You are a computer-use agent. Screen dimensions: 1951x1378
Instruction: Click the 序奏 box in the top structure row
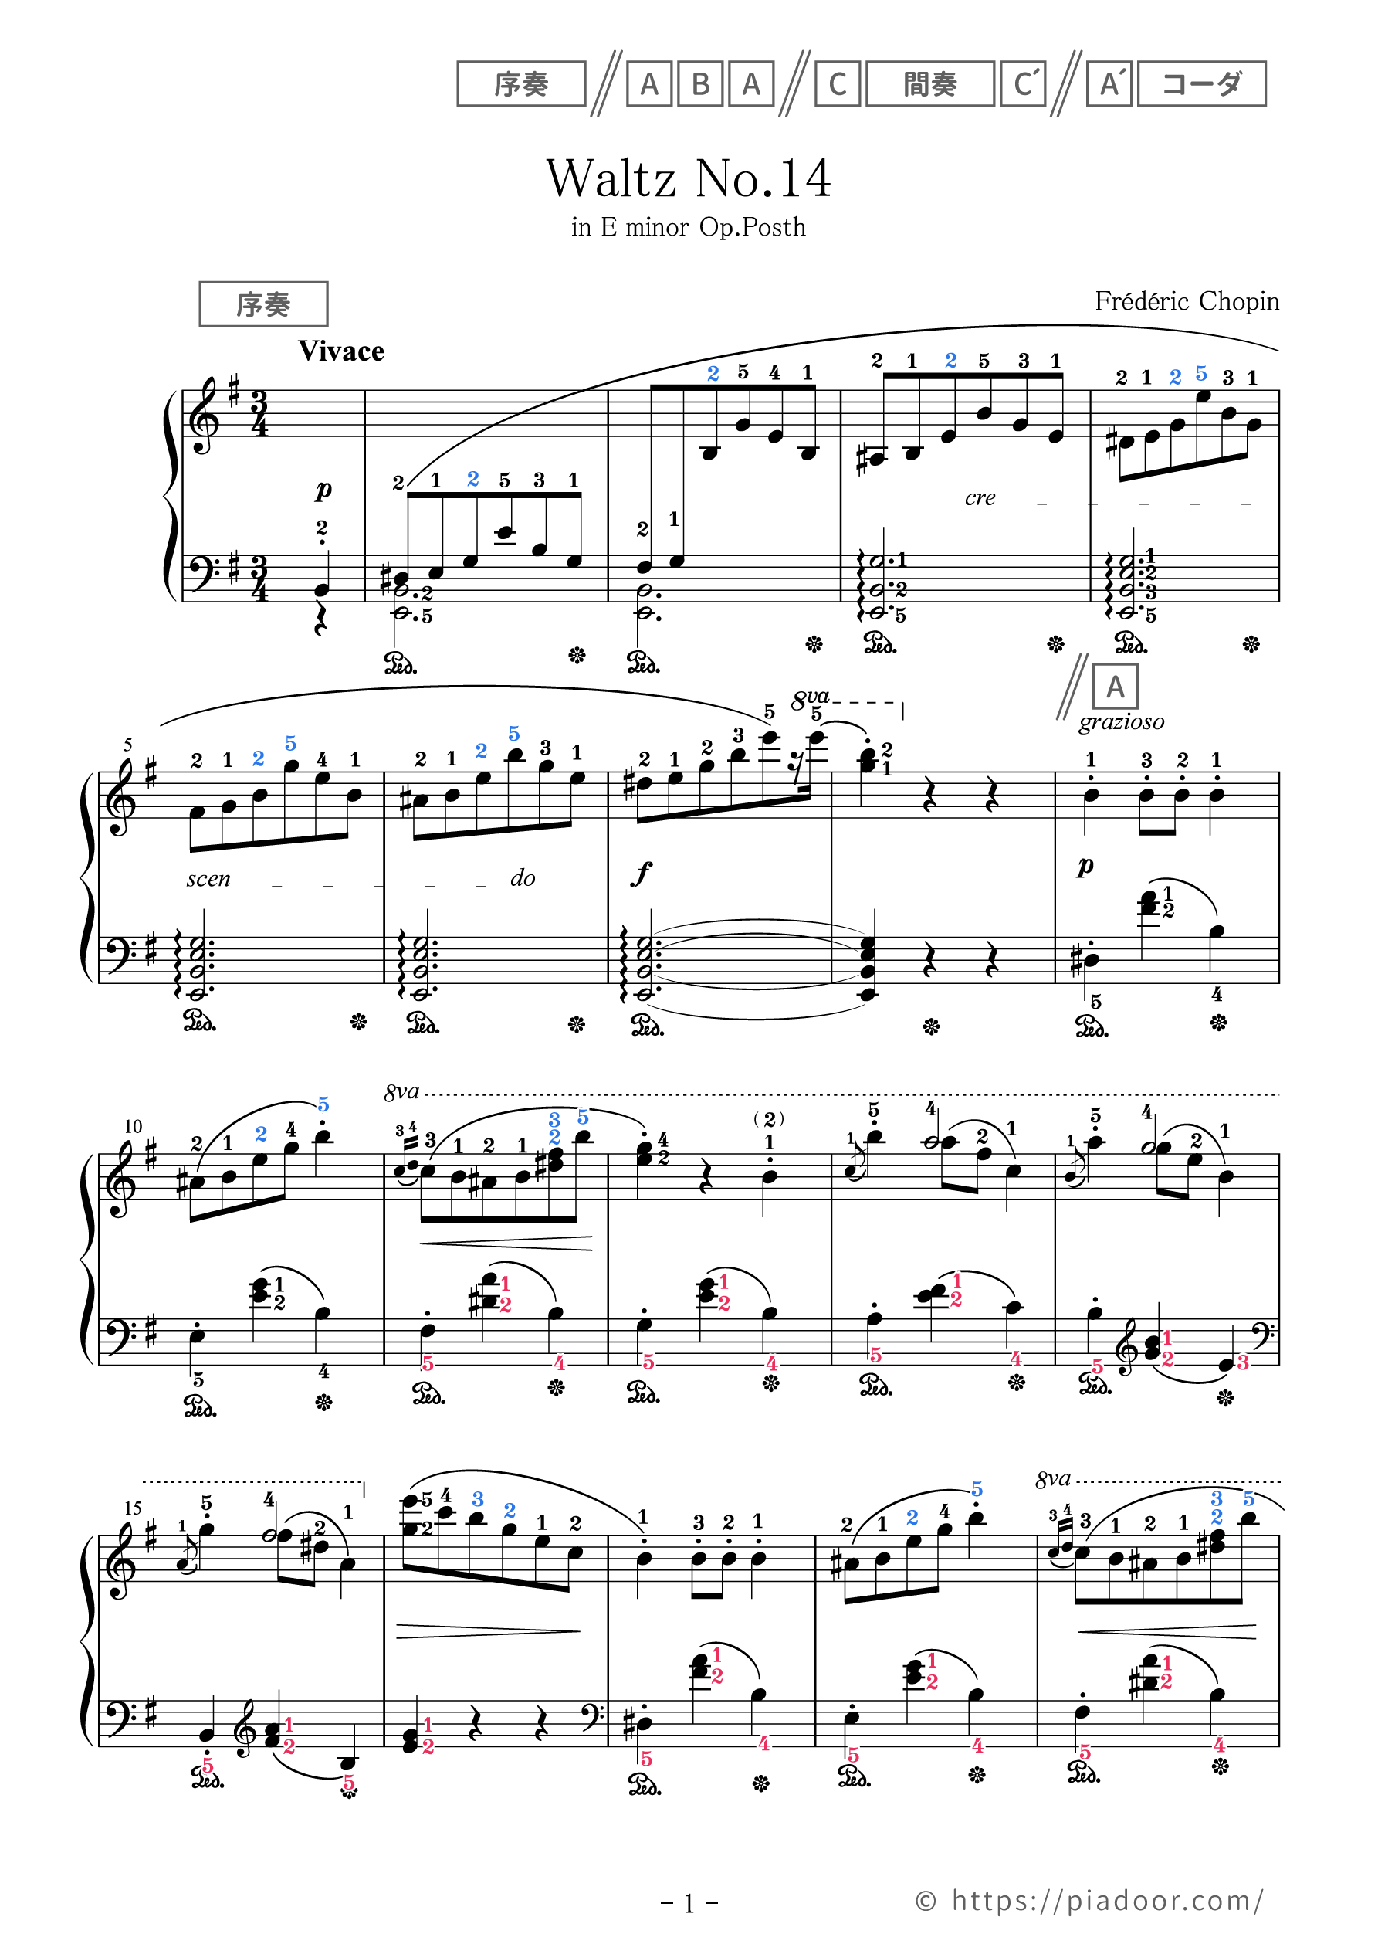pyautogui.click(x=521, y=84)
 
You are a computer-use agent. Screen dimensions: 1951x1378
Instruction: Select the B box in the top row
pyautogui.click(x=700, y=84)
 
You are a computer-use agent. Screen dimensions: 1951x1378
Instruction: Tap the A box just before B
pyautogui.click(x=649, y=84)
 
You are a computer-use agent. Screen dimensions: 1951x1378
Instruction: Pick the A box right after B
pyautogui.click(x=751, y=84)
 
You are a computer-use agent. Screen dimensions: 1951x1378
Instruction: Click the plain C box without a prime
pyautogui.click(x=838, y=84)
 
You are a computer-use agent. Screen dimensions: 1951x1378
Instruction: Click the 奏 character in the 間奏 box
pyautogui.click(x=944, y=84)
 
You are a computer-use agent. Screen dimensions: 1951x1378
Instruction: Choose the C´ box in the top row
pyautogui.click(x=1023, y=84)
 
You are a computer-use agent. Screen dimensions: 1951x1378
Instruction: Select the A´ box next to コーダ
pyautogui.click(x=1109, y=84)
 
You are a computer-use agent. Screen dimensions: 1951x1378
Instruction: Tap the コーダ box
pyautogui.click(x=1201, y=84)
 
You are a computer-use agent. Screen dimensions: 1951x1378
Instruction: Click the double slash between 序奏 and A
pyautogui.click(x=607, y=84)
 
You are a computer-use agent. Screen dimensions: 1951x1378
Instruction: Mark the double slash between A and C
pyautogui.click(x=794, y=84)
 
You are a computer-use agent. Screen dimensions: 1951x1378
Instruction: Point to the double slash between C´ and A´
pyautogui.click(x=1066, y=84)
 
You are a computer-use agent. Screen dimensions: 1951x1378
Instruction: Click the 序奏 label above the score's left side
pyautogui.click(x=263, y=304)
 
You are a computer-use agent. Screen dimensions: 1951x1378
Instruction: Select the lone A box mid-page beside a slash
pyautogui.click(x=1115, y=687)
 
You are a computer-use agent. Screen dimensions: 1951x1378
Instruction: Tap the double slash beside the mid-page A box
pyautogui.click(x=1072, y=687)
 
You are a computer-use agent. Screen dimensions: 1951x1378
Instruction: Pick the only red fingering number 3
pyautogui.click(x=1242, y=1363)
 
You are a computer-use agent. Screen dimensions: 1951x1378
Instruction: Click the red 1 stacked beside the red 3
pyautogui.click(x=1167, y=1339)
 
